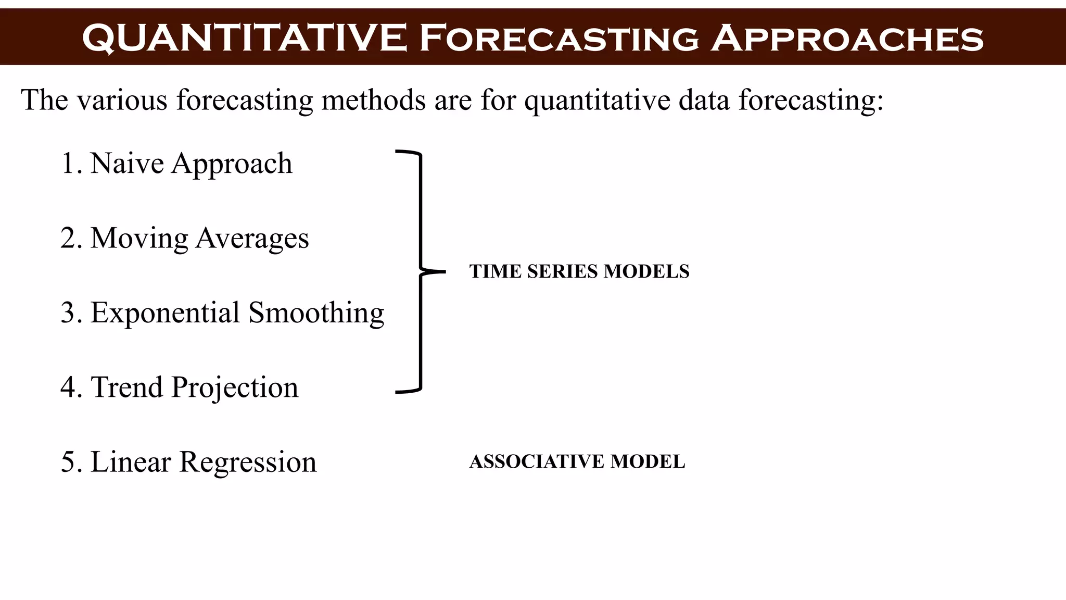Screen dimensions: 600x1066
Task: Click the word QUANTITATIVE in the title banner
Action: [x=245, y=39]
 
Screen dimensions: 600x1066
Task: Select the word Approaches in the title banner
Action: [x=847, y=39]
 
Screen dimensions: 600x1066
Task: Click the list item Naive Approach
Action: [x=177, y=164]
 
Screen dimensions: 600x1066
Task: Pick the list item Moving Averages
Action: [x=185, y=239]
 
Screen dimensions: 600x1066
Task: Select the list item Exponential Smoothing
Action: [x=223, y=313]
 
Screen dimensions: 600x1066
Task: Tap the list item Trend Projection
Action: [x=180, y=387]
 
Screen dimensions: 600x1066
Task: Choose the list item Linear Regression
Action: [x=189, y=462]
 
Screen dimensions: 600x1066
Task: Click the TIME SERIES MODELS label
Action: [x=579, y=271]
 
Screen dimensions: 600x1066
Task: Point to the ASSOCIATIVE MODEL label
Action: [x=577, y=461]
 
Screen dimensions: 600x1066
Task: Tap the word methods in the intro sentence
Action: [x=373, y=100]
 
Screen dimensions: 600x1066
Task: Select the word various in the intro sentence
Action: [x=122, y=100]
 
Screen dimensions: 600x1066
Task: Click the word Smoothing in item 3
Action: [x=316, y=313]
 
